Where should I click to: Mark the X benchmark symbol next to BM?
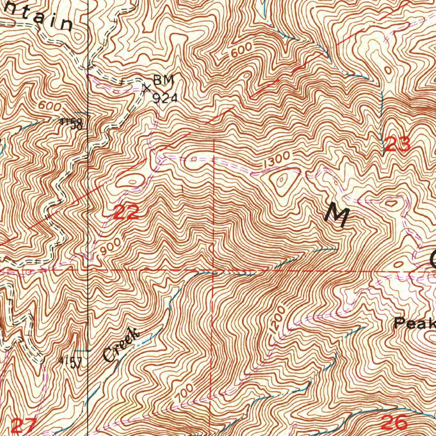pos(146,88)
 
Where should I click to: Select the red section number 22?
pos(126,212)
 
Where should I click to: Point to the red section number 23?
pos(396,145)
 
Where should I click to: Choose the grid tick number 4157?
pos(70,362)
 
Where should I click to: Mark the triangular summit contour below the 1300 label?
pos(282,182)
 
